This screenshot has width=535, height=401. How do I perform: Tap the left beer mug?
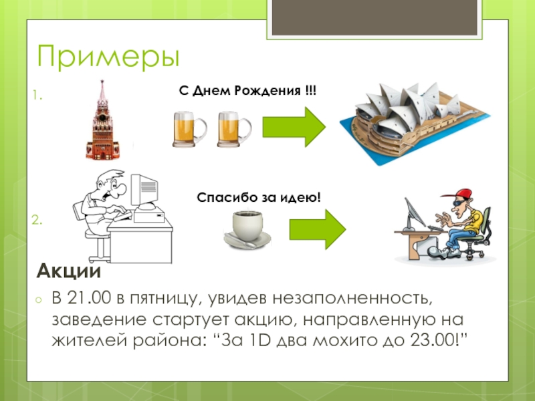point(190,129)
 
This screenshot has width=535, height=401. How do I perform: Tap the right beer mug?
point(235,129)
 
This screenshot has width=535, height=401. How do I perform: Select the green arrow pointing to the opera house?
point(294,127)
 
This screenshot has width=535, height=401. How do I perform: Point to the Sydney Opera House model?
point(415,123)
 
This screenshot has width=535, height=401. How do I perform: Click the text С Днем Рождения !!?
point(247,91)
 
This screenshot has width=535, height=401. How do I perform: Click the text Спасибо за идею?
point(259,197)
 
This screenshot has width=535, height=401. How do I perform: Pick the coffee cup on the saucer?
point(247,229)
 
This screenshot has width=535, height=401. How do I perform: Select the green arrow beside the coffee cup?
point(318,229)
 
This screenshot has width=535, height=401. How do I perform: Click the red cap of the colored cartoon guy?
point(459,194)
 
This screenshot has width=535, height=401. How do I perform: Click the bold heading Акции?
point(69,271)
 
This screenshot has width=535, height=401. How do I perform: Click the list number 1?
point(37,96)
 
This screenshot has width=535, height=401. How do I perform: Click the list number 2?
point(37,220)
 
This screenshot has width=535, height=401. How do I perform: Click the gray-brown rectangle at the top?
point(374,17)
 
